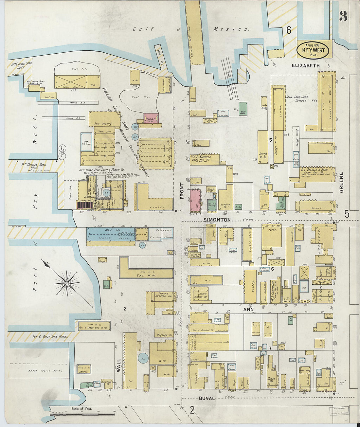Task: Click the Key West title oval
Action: click(313, 50)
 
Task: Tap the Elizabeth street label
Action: click(306, 66)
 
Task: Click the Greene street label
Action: click(341, 182)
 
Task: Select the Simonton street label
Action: click(217, 220)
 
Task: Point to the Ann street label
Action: click(249, 309)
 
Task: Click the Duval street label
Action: click(207, 398)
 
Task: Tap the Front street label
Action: click(182, 191)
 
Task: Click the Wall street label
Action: click(119, 366)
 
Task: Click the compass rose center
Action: click(67, 282)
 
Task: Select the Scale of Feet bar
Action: click(82, 414)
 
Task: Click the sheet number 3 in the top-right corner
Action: click(343, 16)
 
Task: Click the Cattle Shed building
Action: click(71, 82)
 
